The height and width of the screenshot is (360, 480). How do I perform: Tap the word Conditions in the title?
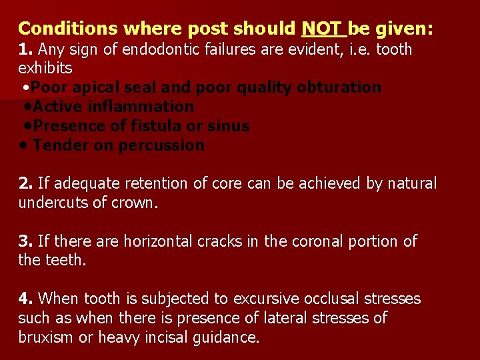60,29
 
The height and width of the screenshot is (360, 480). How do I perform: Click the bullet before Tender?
24,145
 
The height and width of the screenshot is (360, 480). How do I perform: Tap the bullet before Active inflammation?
27,107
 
